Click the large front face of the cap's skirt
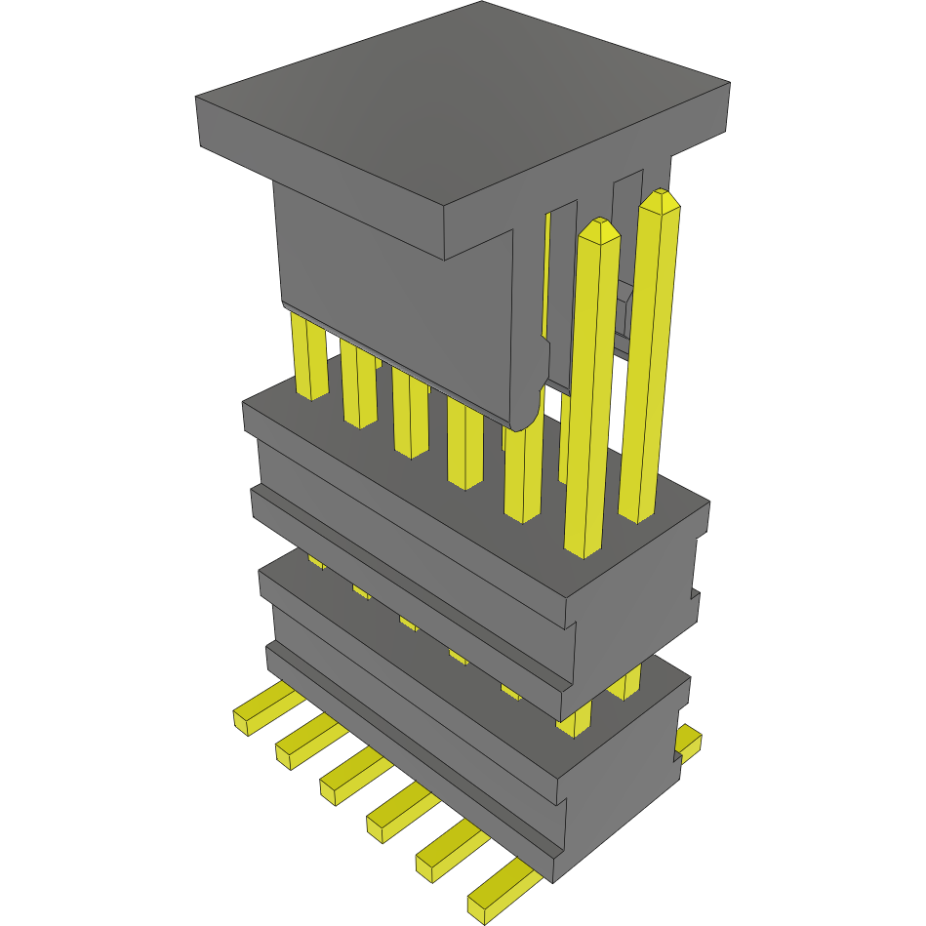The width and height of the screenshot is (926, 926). [x=390, y=293]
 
